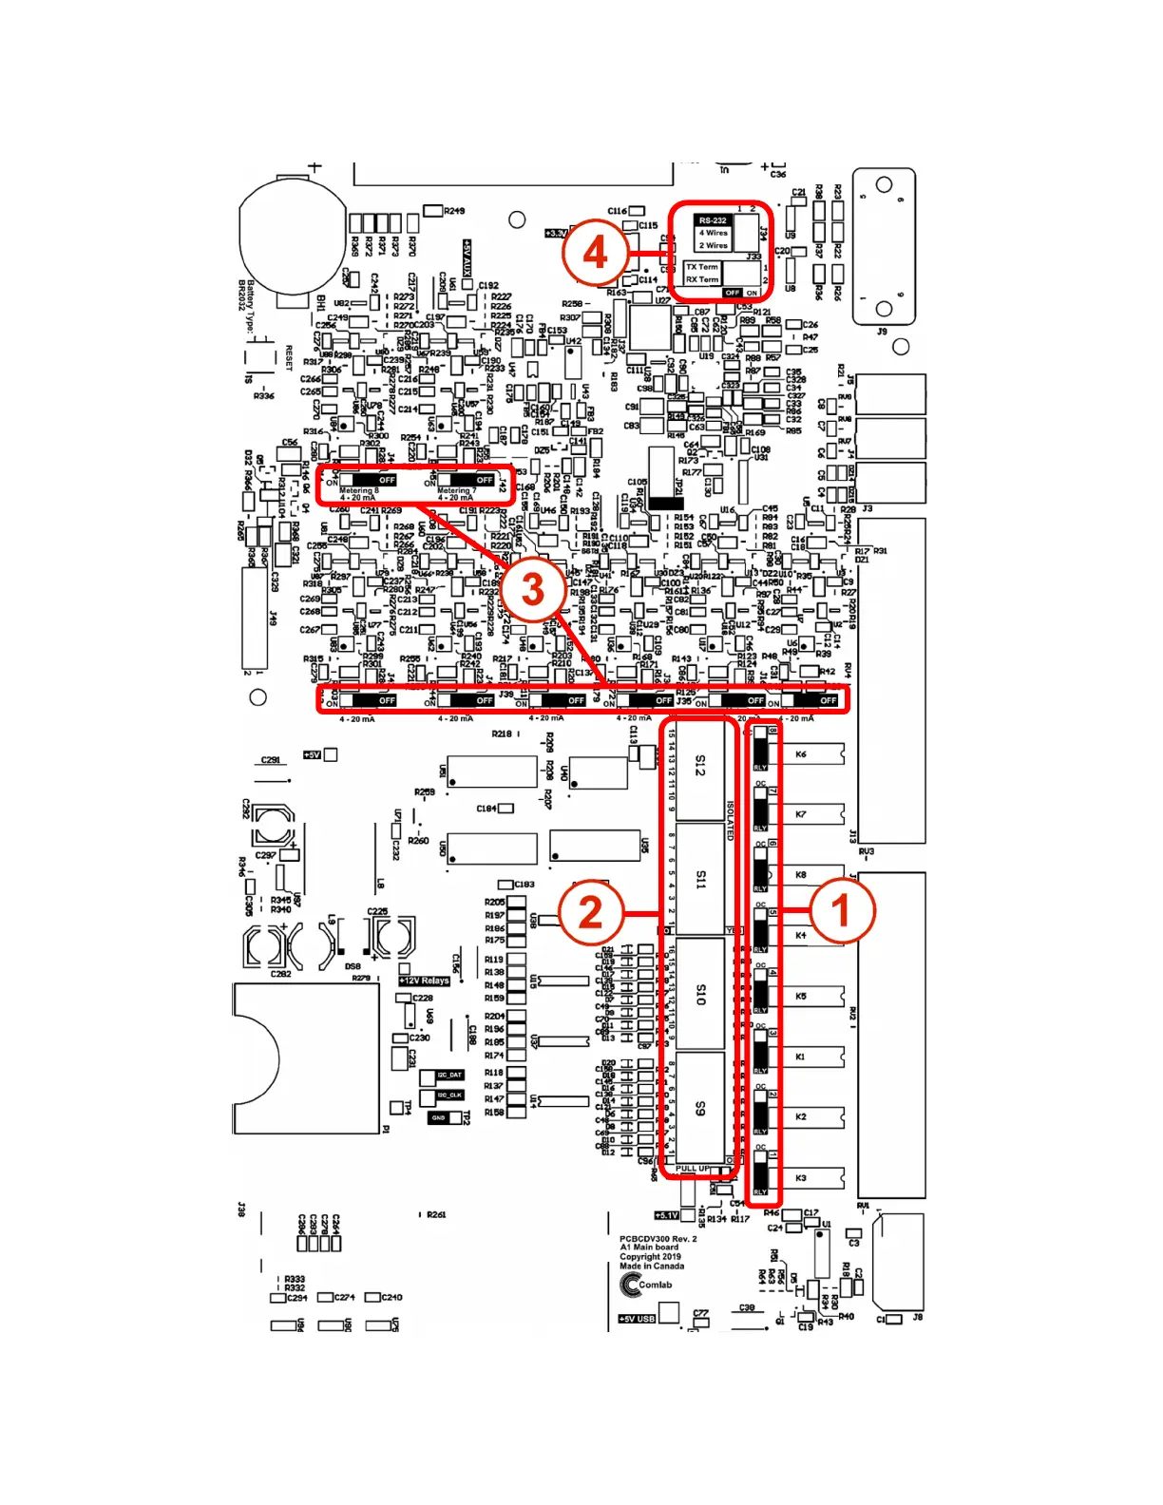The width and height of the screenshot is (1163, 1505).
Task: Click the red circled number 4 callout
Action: (595, 253)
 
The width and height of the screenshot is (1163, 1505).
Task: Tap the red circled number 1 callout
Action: (841, 910)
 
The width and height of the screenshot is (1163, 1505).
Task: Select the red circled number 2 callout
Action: (591, 912)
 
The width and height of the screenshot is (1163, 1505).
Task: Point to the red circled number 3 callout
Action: (533, 588)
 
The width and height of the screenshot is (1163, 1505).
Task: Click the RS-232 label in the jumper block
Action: (713, 220)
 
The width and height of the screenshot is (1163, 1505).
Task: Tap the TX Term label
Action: (702, 267)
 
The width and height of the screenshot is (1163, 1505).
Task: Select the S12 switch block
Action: (700, 766)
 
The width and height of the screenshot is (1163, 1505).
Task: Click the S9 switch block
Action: (700, 1109)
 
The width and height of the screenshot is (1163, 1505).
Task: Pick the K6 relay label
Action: (801, 754)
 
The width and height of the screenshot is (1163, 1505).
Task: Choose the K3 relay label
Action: (801, 1178)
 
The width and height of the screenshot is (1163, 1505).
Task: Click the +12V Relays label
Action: (425, 981)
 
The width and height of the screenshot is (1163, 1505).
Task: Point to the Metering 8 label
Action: (358, 491)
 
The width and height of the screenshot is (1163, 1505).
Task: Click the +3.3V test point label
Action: (556, 233)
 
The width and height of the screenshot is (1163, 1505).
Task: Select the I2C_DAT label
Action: (449, 1076)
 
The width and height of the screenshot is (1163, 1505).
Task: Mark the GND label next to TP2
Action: (438, 1118)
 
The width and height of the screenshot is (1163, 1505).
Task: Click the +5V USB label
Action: (636, 1319)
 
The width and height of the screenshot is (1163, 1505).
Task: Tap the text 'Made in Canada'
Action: (652, 1267)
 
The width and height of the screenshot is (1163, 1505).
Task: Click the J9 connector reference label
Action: (882, 332)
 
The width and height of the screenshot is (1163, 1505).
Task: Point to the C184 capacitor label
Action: (486, 809)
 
